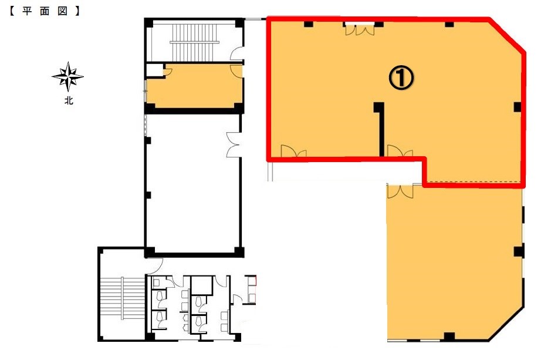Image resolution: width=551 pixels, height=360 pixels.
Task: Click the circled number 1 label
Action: [x=401, y=78]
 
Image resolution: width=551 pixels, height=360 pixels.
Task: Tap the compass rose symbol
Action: [x=68, y=76]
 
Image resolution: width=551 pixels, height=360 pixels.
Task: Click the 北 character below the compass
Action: [x=69, y=100]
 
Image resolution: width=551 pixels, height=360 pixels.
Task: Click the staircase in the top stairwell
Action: [x=194, y=42]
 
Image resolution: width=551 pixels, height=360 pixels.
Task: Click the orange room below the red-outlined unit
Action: [x=454, y=262]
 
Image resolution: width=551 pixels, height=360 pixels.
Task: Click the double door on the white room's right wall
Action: [x=233, y=144]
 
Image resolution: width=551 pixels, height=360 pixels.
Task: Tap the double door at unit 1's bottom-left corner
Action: [x=293, y=151]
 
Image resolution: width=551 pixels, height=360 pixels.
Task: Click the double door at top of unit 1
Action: [x=360, y=29]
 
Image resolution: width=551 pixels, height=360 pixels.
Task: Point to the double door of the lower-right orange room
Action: [x=400, y=191]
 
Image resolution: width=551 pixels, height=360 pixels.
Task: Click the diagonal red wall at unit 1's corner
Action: [x=507, y=35]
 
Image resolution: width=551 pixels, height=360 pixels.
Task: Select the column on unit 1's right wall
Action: [x=518, y=107]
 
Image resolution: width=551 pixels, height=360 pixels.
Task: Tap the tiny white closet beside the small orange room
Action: [x=154, y=70]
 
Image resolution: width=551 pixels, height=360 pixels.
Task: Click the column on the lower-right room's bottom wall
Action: [x=449, y=337]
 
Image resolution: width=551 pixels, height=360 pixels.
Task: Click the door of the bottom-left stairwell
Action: [x=156, y=264]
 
